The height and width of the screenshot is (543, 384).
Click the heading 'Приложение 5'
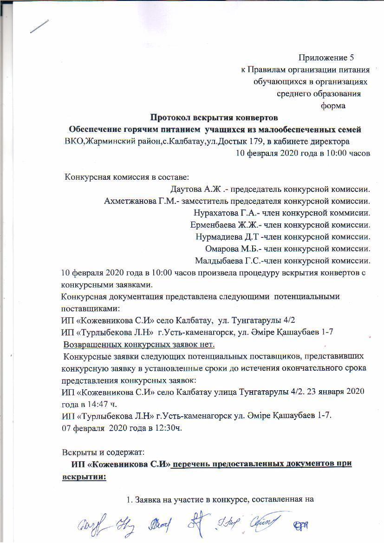pos(325,58)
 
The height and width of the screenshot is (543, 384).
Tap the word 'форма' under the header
pos(333,105)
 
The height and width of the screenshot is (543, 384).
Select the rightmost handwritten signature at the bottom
pos(301,526)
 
